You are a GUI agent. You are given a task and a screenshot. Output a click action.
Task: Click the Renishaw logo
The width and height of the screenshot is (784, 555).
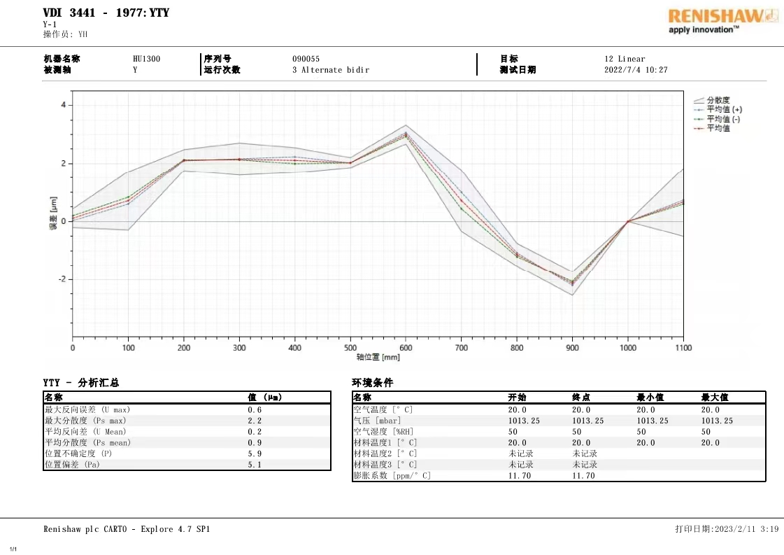pyautogui.click(x=722, y=20)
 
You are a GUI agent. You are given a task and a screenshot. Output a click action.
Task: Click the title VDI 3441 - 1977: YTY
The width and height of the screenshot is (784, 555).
pyautogui.click(x=106, y=13)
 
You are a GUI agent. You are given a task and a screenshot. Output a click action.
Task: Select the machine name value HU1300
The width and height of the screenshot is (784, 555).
pyautogui.click(x=146, y=59)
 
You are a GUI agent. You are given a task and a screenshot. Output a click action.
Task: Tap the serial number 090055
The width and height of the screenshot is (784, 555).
pyautogui.click(x=306, y=59)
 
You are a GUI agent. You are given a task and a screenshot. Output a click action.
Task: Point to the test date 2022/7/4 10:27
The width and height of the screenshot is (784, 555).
pyautogui.click(x=636, y=70)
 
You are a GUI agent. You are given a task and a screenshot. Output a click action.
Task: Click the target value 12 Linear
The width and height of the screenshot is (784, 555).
pyautogui.click(x=625, y=59)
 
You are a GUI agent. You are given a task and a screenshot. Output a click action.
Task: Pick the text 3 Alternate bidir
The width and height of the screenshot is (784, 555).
pyautogui.click(x=330, y=70)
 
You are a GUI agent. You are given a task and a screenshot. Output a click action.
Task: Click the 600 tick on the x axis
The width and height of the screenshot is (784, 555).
pyautogui.click(x=406, y=348)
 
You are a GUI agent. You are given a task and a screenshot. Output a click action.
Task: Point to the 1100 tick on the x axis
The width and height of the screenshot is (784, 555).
pyautogui.click(x=683, y=348)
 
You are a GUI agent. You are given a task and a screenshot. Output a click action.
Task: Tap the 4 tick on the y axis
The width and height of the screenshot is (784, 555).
pyautogui.click(x=63, y=105)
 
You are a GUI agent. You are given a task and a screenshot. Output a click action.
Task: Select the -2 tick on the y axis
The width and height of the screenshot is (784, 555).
pyautogui.click(x=61, y=279)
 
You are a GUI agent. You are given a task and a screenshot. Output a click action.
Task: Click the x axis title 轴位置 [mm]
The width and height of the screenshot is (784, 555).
pyautogui.click(x=378, y=358)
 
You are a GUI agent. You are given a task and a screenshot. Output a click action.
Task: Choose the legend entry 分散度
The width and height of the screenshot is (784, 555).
pyautogui.click(x=718, y=100)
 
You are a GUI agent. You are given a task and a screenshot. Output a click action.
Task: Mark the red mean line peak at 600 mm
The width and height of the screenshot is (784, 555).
pyautogui.click(x=406, y=134)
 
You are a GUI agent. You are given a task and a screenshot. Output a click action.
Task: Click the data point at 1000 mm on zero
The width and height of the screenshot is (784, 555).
pyautogui.click(x=628, y=221)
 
